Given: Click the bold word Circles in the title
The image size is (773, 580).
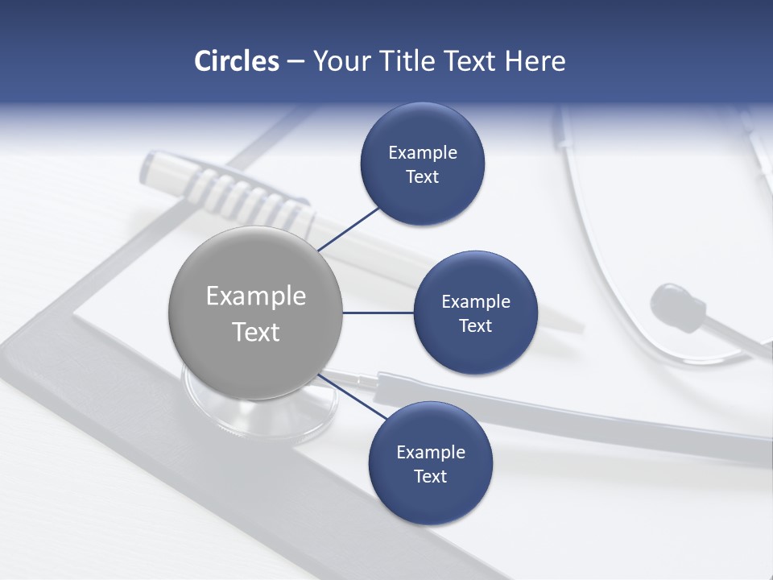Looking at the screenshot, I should coord(236,61).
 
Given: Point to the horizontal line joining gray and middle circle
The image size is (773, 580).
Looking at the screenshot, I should coord(378,313).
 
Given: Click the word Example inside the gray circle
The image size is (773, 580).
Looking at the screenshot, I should coord(255,296).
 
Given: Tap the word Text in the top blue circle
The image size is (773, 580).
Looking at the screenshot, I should coord(422,177).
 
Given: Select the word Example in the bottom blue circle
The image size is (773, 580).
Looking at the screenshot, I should coord(430,452).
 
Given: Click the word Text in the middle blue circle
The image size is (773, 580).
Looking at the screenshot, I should coord(475,325).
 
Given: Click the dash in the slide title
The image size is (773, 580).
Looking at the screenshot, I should coord(295,62).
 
